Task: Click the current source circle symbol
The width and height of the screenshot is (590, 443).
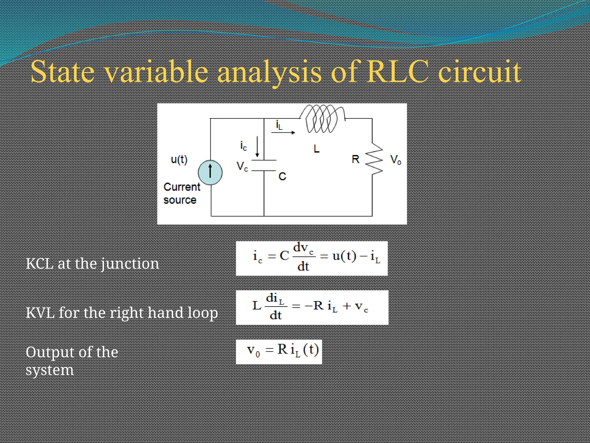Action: (x=210, y=172)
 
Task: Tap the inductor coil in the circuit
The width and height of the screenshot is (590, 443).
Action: (x=322, y=119)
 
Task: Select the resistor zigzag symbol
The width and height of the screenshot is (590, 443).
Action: (x=374, y=159)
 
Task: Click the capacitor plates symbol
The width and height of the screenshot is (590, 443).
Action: (x=264, y=166)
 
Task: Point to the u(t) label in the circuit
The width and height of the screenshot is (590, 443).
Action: (x=179, y=159)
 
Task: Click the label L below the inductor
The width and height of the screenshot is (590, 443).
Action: (x=316, y=149)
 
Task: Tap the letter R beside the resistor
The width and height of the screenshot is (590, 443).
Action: (x=355, y=159)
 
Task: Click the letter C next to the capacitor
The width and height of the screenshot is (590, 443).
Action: (x=282, y=176)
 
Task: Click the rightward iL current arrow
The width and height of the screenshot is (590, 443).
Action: (x=283, y=132)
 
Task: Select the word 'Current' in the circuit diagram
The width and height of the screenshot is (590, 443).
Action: (x=182, y=187)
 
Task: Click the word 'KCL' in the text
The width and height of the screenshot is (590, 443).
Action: (x=39, y=264)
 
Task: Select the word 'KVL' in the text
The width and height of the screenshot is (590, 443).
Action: (x=40, y=313)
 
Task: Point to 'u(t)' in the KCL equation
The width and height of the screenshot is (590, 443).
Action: (x=344, y=256)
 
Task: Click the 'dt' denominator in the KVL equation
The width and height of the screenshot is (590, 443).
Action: (x=275, y=315)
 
